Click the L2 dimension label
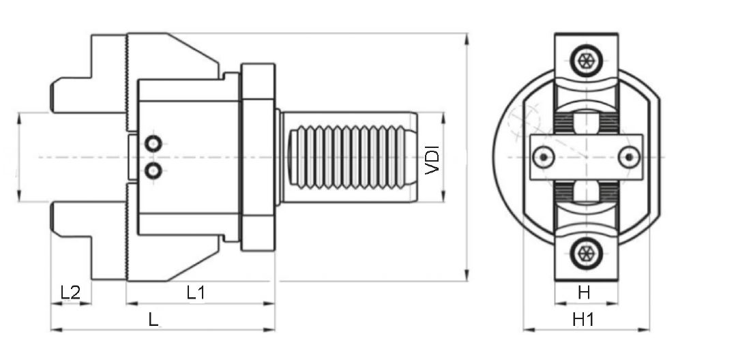click(70, 292)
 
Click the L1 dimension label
click(195, 292)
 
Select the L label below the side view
click(153, 319)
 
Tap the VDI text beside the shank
click(432, 160)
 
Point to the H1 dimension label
click(583, 319)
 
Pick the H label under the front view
click(584, 292)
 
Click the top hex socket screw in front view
click(586, 61)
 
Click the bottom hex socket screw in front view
click(586, 252)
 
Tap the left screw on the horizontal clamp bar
click(544, 157)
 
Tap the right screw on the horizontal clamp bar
click(629, 157)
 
